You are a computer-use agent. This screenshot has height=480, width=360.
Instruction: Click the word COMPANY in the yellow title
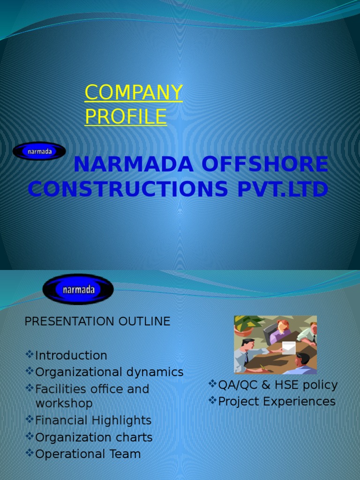click(x=134, y=93)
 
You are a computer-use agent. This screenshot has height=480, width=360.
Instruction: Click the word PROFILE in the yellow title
click(x=126, y=116)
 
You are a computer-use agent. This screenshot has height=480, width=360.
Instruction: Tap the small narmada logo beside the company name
click(x=39, y=151)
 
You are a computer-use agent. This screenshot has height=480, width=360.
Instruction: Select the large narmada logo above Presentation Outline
click(x=78, y=289)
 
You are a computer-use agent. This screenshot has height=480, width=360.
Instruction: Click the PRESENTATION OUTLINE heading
click(x=97, y=322)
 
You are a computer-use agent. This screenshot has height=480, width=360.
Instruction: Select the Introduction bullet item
click(x=71, y=355)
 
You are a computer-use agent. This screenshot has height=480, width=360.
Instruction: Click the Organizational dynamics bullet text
click(x=109, y=372)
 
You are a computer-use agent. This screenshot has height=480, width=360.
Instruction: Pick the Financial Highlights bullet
click(x=93, y=420)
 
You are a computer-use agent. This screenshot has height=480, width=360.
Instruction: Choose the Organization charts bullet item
click(x=94, y=437)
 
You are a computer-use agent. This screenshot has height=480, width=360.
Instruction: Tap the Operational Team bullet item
click(x=88, y=454)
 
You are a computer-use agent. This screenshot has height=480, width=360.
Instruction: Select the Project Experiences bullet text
click(x=277, y=402)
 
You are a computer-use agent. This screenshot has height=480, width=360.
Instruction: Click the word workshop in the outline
click(x=64, y=404)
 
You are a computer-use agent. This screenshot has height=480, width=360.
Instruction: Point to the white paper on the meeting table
click(x=289, y=348)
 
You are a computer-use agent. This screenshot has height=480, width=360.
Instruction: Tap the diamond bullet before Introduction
click(x=30, y=355)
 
